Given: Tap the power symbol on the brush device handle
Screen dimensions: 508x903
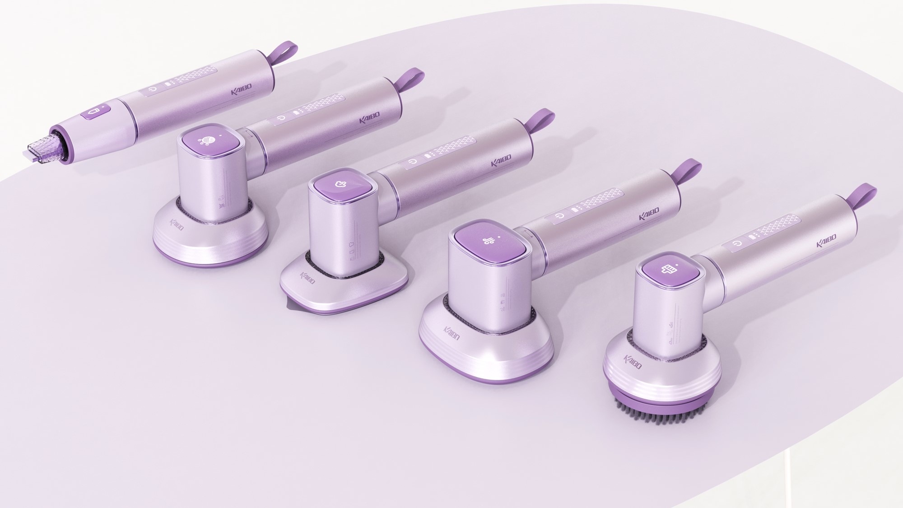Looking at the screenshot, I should [x=738, y=243].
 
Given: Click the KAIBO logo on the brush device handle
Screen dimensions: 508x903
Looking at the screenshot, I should [x=826, y=241].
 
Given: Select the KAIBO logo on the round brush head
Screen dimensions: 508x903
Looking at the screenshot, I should [x=632, y=361].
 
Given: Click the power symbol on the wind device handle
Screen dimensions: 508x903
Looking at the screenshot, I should [x=560, y=216].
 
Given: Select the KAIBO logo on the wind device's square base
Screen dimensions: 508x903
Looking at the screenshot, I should [x=451, y=334].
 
